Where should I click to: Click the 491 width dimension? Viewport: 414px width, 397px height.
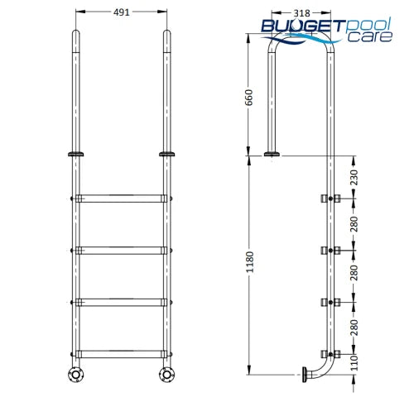click(x=121, y=13)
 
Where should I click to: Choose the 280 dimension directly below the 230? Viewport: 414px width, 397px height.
click(x=355, y=223)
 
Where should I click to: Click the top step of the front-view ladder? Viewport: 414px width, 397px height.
click(x=121, y=198)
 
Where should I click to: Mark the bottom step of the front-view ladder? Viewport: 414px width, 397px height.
click(x=121, y=353)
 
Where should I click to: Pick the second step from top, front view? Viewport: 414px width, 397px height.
click(x=121, y=249)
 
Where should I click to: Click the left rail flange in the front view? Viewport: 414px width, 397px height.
click(x=75, y=154)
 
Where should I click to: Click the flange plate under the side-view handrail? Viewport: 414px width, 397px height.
click(x=272, y=154)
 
